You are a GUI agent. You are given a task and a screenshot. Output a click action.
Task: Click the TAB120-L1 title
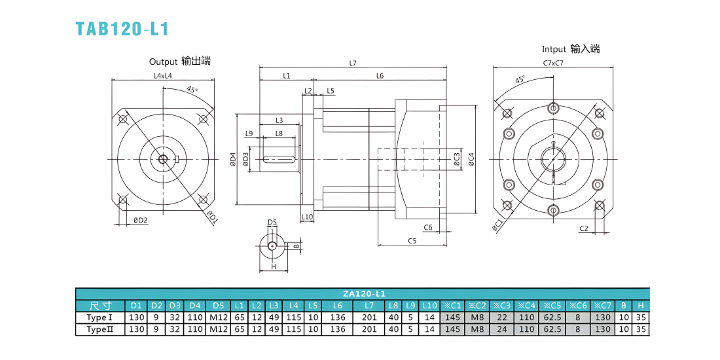(122, 28)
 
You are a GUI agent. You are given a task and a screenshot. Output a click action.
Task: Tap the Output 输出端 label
(180, 61)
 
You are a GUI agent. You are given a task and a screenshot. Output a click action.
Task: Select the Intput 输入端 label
(571, 48)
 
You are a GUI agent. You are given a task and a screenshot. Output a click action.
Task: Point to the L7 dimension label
(353, 63)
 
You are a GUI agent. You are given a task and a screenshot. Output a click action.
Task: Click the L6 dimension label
(380, 76)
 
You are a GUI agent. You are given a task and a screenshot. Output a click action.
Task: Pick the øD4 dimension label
(233, 159)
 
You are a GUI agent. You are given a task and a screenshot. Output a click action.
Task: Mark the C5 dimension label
(412, 240)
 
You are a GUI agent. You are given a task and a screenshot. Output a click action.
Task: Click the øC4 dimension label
(471, 158)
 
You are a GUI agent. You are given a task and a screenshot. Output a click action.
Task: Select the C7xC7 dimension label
(553, 63)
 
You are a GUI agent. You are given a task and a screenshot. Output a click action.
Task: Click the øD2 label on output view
(141, 221)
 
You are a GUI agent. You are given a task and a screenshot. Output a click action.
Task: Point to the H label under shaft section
(273, 266)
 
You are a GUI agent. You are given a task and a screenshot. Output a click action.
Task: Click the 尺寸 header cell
(100, 306)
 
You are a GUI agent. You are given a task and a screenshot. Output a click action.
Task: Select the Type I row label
(99, 317)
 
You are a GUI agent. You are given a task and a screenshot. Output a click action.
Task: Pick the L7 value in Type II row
(369, 329)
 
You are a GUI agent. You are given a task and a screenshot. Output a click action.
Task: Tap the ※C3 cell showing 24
(503, 329)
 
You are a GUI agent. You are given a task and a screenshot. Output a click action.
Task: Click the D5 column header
(219, 306)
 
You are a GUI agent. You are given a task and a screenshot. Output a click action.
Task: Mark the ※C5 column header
(552, 306)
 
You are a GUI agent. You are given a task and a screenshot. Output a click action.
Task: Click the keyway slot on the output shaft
(279, 159)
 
